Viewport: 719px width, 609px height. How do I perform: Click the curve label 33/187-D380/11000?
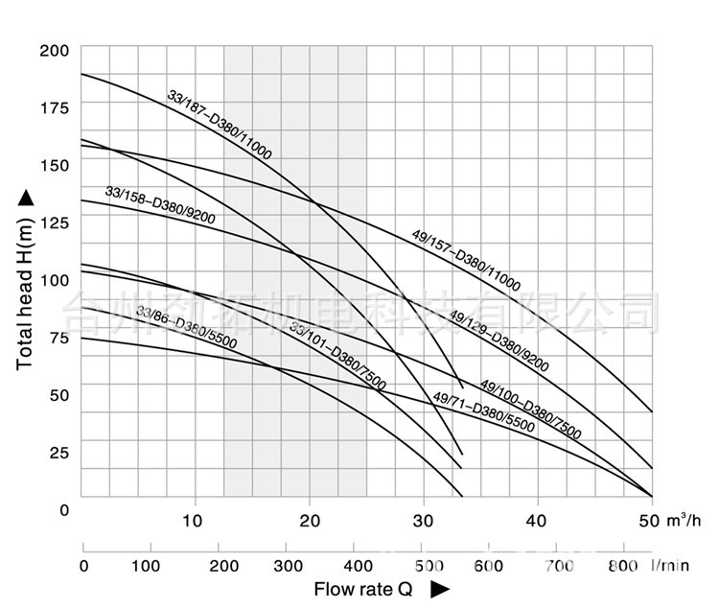(220, 125)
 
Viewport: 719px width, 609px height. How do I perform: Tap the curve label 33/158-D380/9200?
(160, 206)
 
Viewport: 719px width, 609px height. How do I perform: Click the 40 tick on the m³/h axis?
(538, 521)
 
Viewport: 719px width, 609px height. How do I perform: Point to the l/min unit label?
(673, 566)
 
